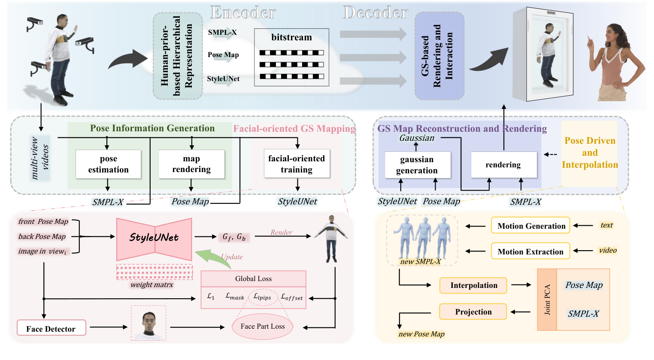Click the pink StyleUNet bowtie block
point(154,239)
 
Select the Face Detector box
point(51,328)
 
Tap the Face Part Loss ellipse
point(263,326)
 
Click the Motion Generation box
point(531,226)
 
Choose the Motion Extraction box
point(530,251)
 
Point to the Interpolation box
point(473,285)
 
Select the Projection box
point(473,312)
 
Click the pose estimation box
point(108,164)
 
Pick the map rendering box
point(191,164)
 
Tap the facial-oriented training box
point(297,164)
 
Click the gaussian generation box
point(417,165)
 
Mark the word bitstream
point(291,37)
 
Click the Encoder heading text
point(242,13)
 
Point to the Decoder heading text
point(375,13)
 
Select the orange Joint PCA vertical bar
point(547,299)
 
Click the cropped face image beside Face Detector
point(148,323)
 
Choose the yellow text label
point(606,225)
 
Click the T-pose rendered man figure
point(331,239)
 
